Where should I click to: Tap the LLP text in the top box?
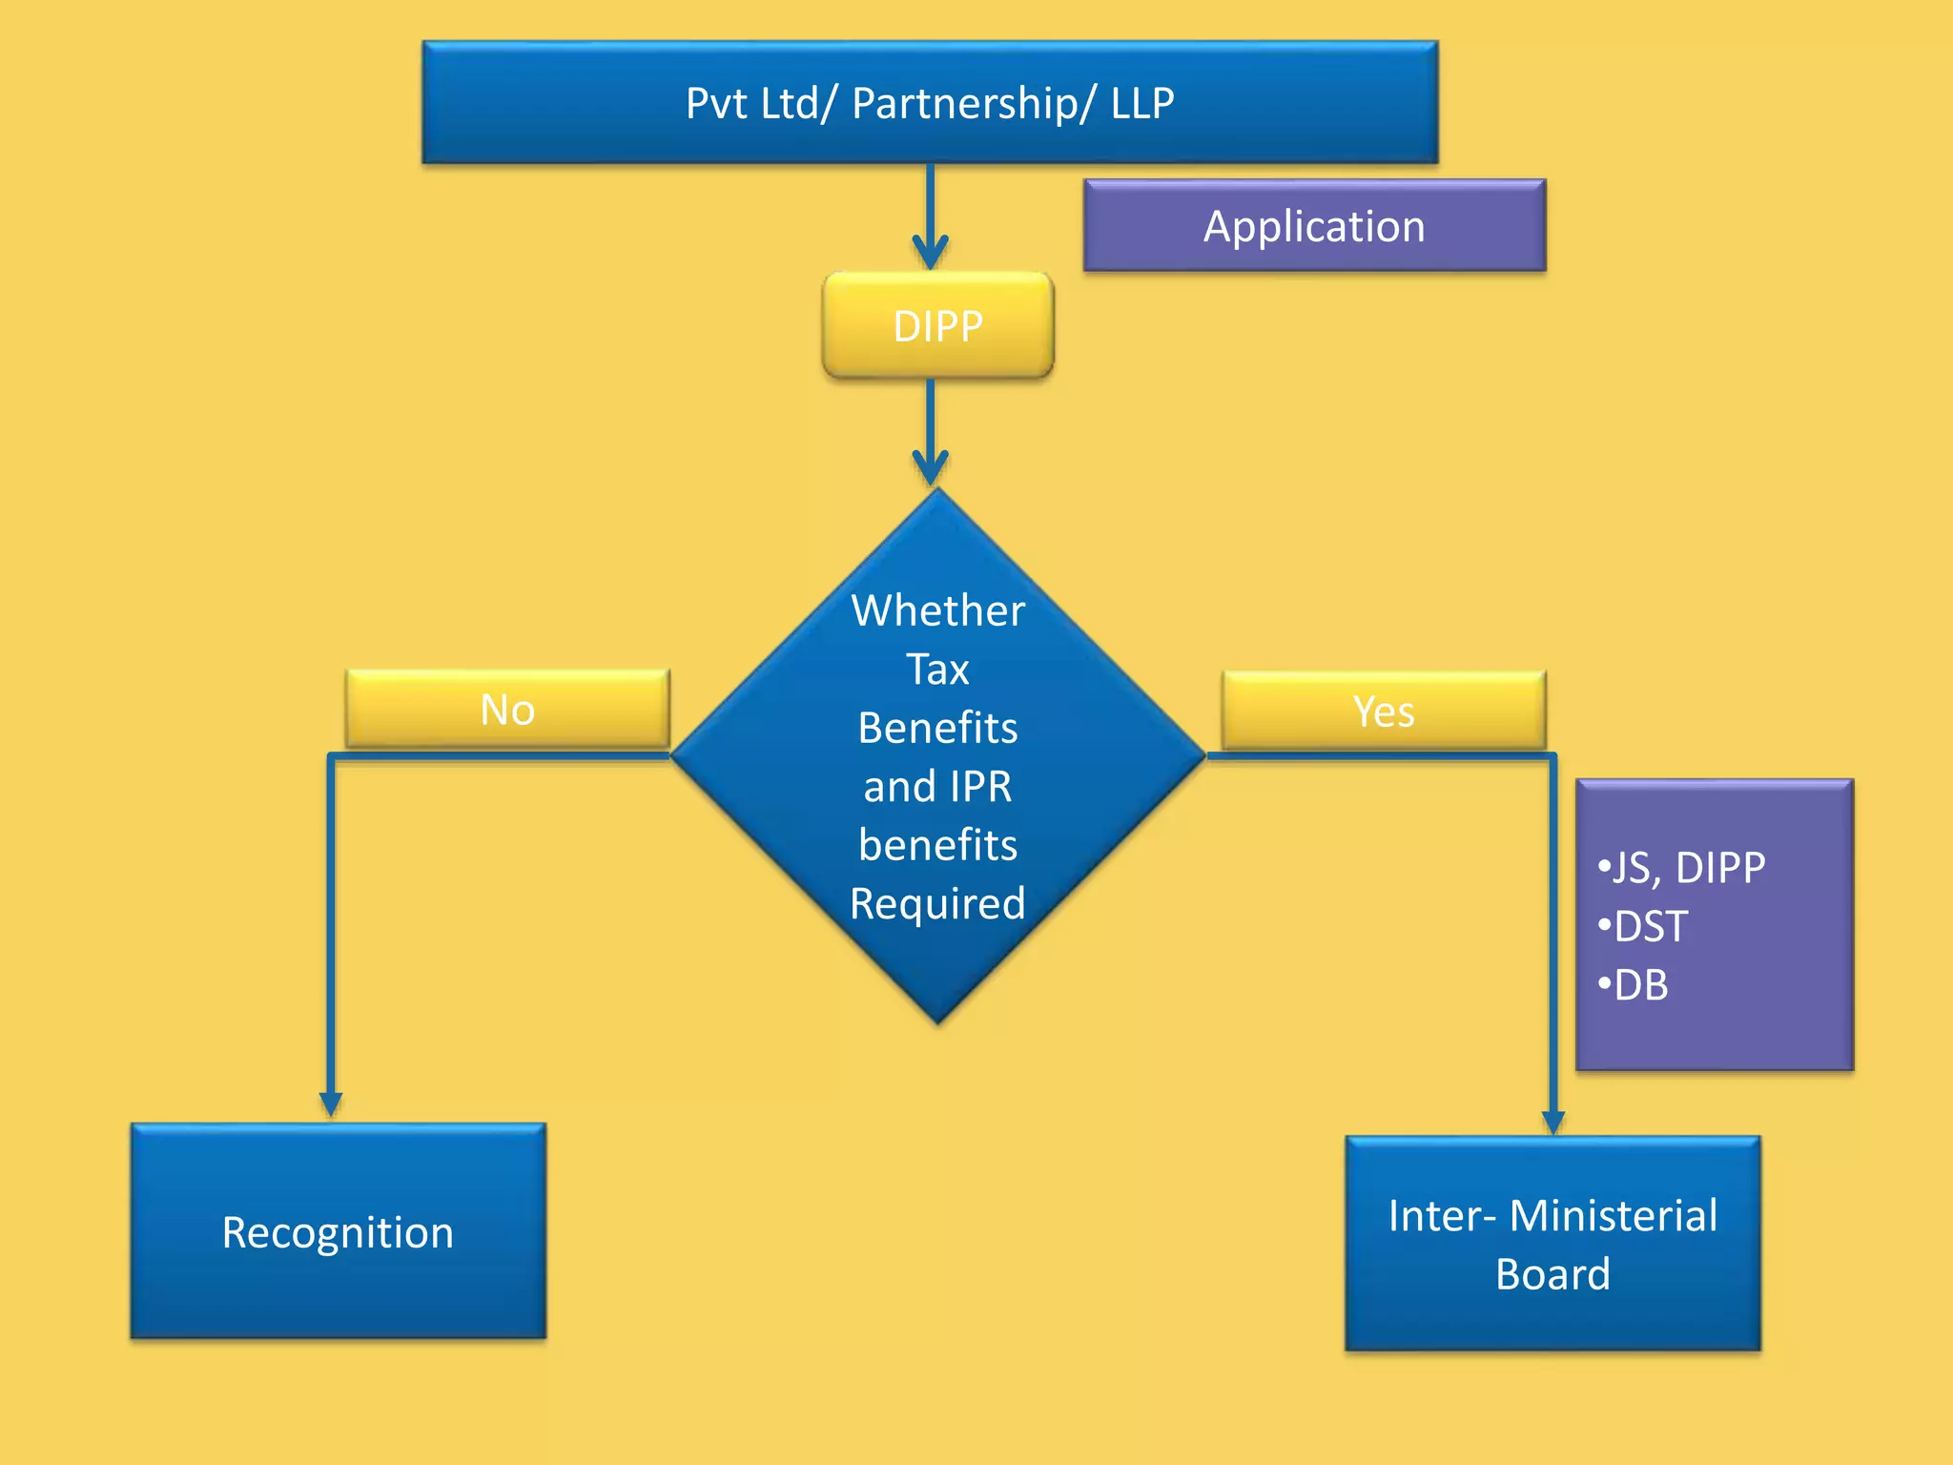coord(1142,104)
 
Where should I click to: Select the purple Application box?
coord(1314,226)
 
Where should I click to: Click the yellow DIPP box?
coord(937,326)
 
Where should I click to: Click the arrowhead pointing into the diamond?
coord(930,468)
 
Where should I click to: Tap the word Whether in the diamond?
coord(937,610)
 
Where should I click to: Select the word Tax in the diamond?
coord(937,670)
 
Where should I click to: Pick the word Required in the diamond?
coord(937,904)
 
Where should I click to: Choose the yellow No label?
coord(507,710)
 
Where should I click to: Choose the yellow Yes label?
coord(1384,712)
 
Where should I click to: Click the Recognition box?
coord(339,1231)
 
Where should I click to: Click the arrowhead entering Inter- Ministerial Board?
coord(1552,1123)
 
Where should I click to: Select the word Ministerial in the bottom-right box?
coord(1614,1216)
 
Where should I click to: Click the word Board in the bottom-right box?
coord(1552,1275)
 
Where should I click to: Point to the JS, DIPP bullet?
coord(1683,868)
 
